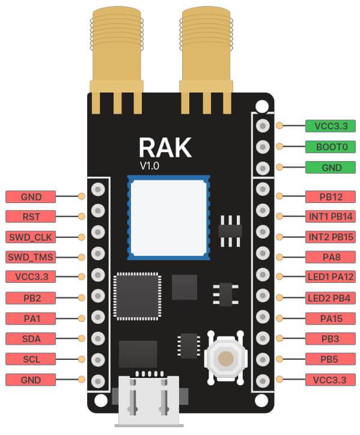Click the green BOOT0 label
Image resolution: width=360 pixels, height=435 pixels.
pyautogui.click(x=331, y=147)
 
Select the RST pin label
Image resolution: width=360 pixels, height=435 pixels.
pyautogui.click(x=31, y=216)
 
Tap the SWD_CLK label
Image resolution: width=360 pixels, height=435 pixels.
pyautogui.click(x=31, y=236)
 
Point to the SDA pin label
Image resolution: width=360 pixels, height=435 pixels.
pyautogui.click(x=31, y=338)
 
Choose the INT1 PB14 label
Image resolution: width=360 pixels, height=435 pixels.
pyautogui.click(x=331, y=216)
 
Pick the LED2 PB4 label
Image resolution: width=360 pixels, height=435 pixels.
pyautogui.click(x=331, y=297)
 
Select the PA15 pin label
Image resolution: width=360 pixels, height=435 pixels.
pyautogui.click(x=331, y=318)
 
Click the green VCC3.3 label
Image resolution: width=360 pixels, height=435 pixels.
pyautogui.click(x=331, y=126)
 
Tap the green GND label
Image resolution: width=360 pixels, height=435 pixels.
pyautogui.click(x=331, y=168)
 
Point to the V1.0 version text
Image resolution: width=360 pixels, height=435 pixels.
pyautogui.click(x=149, y=166)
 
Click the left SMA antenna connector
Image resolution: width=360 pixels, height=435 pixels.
pyautogui.click(x=117, y=54)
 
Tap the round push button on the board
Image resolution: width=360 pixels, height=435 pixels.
pyautogui.click(x=226, y=359)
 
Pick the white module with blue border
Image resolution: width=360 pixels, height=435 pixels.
pyautogui.click(x=169, y=217)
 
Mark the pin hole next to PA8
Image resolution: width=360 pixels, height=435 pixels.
pyautogui.click(x=262, y=257)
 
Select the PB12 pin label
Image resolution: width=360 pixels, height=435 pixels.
pyautogui.click(x=331, y=196)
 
